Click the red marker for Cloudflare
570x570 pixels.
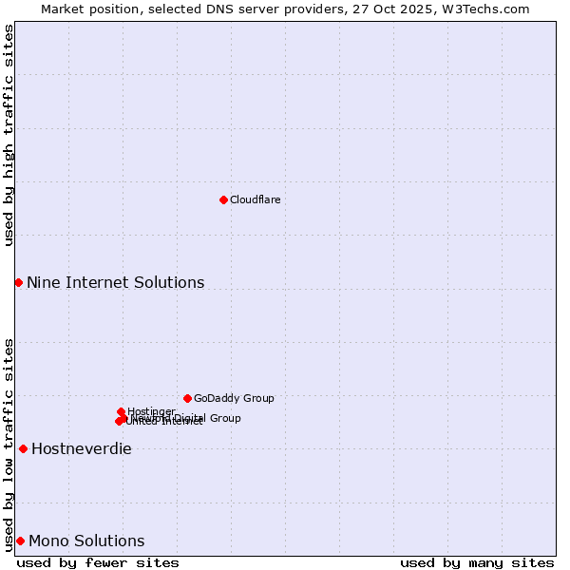(223, 199)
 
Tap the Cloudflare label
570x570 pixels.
(255, 199)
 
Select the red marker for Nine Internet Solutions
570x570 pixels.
(18, 282)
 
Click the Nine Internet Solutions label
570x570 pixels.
(115, 282)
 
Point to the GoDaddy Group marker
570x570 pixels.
(187, 398)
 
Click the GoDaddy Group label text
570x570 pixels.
(233, 398)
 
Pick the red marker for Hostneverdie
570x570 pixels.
(23, 448)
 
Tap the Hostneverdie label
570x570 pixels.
(81, 448)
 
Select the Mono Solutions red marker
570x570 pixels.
(20, 541)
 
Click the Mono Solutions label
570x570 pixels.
(86, 541)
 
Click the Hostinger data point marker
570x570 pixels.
(121, 411)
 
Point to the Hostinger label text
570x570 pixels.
(151, 411)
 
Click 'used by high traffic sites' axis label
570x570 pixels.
(9, 135)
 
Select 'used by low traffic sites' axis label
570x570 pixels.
(9, 444)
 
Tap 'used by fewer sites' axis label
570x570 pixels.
(98, 562)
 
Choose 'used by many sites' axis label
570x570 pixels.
(477, 562)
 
